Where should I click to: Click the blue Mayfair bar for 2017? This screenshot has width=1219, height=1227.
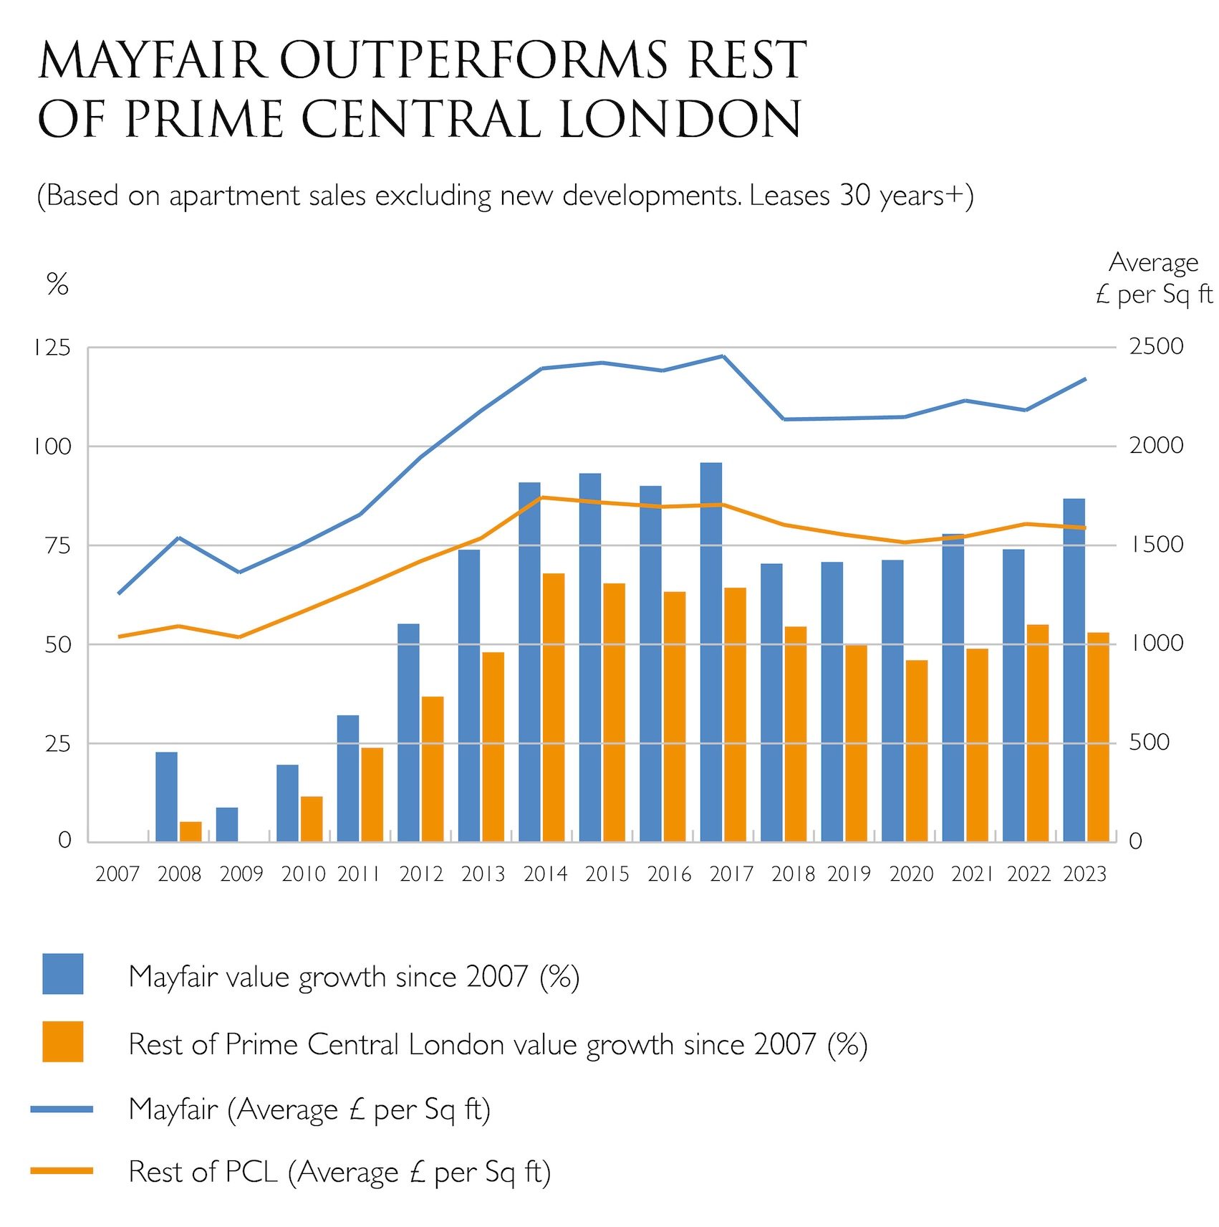pyautogui.click(x=710, y=651)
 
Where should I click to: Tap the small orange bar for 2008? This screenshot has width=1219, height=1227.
pyautogui.click(x=191, y=831)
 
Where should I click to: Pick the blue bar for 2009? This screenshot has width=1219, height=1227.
pyautogui.click(x=227, y=824)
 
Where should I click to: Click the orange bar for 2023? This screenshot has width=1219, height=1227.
pyautogui.click(x=1098, y=737)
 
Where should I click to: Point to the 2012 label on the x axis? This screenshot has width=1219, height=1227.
pyautogui.click(x=421, y=874)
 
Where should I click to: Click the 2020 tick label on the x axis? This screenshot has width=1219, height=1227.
pyautogui.click(x=911, y=874)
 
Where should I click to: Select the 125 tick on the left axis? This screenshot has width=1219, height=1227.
pyautogui.click(x=52, y=348)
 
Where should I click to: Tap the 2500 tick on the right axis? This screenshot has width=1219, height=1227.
pyautogui.click(x=1157, y=347)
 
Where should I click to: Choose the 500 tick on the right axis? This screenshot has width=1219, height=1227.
pyautogui.click(x=1150, y=743)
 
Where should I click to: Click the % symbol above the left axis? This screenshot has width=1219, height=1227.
pyautogui.click(x=57, y=285)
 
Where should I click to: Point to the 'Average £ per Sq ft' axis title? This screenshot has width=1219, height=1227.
pyautogui.click(x=1154, y=279)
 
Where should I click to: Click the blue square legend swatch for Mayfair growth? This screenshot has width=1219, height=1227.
pyautogui.click(x=63, y=973)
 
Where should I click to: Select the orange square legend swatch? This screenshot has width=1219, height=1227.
pyautogui.click(x=63, y=1041)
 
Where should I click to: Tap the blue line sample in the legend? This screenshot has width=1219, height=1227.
pyautogui.click(x=62, y=1109)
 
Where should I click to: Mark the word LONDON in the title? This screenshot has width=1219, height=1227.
pyautogui.click(x=680, y=119)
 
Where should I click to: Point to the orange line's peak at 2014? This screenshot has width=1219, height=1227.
pyautogui.click(x=542, y=497)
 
